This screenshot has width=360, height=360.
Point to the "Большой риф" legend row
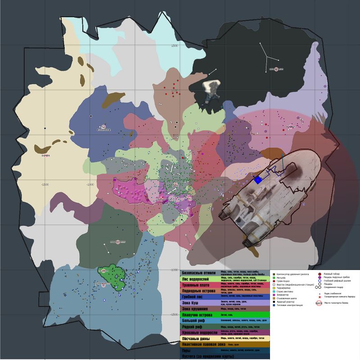pyautogui.click(x=197, y=321)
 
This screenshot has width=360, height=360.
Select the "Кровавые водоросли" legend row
pyautogui.click(x=200, y=333)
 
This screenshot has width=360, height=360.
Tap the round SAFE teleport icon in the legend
pyautogui.click(x=319, y=303)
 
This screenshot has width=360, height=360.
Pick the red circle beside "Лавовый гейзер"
pyautogui.click(x=319, y=274)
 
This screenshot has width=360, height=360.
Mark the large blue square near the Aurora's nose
pyautogui.click(x=258, y=180)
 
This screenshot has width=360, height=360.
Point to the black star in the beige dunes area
pyautogui.click(x=45, y=129)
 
